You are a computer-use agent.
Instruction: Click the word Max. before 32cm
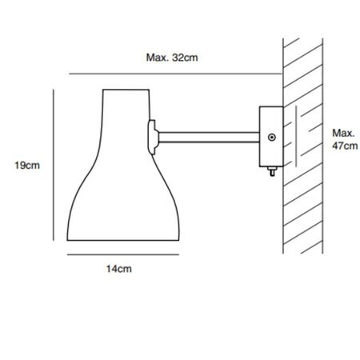tap(158, 58)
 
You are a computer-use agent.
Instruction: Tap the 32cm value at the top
tap(185, 58)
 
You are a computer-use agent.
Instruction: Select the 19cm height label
tap(27, 166)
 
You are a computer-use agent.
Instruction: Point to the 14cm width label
tap(119, 270)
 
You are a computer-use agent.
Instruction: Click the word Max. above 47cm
tap(342, 132)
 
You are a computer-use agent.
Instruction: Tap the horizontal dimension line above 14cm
tap(118, 255)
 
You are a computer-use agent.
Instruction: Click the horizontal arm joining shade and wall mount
tap(208, 134)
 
